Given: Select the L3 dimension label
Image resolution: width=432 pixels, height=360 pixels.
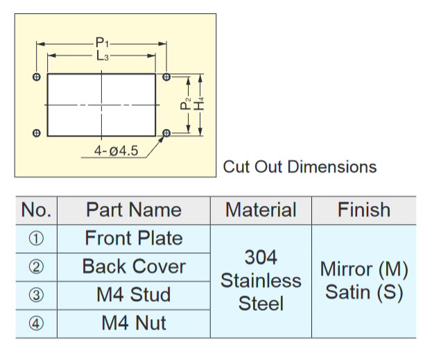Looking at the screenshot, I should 102,57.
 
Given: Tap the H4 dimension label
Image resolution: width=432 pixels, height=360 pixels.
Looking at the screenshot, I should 200,103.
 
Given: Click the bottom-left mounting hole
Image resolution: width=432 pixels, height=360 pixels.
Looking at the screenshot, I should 36,132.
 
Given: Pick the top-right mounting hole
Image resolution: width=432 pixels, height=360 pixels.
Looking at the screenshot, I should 166,76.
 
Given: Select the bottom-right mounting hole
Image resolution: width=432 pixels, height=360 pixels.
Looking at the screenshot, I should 166,132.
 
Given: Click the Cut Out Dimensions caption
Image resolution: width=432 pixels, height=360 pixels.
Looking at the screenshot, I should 300,167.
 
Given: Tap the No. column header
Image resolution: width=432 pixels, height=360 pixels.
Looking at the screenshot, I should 37,210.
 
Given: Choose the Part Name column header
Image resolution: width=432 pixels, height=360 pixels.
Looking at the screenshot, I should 134,210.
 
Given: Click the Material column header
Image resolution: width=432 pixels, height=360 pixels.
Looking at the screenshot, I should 261,210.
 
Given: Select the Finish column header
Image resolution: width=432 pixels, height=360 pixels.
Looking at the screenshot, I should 364,210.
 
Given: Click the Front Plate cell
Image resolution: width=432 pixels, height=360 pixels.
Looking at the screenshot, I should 134,239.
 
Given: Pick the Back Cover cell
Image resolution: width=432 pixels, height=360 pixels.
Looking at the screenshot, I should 134,267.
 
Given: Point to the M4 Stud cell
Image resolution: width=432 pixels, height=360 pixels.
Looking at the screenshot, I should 134,295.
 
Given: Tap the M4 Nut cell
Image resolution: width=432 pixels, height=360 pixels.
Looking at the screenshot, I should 134,323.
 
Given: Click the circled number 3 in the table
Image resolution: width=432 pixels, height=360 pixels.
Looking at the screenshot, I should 37,295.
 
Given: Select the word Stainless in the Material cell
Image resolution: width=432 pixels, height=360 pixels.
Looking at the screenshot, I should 261,281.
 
